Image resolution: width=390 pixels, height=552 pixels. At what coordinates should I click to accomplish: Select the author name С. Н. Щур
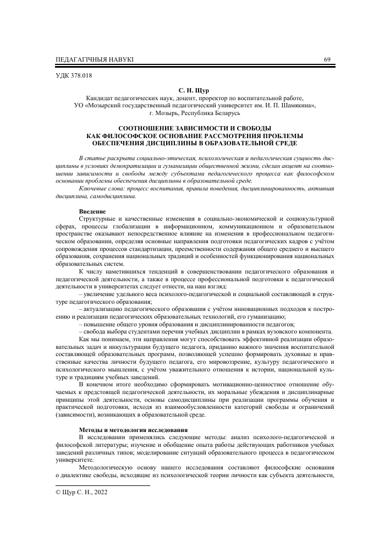tap(195, 88)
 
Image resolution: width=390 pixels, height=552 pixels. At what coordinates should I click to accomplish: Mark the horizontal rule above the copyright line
tap(103, 486)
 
